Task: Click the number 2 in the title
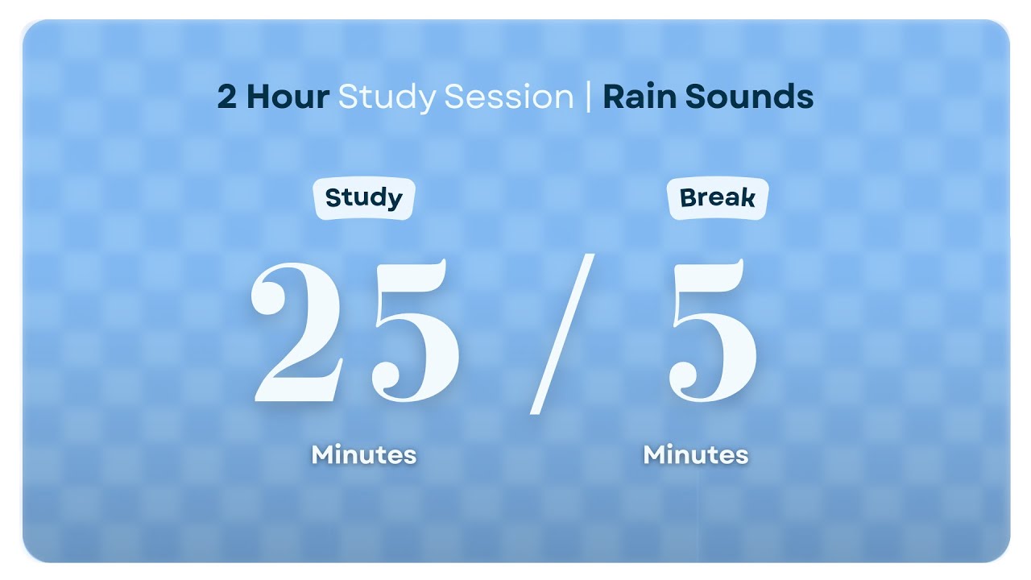tap(227, 97)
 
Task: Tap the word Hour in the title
tap(288, 97)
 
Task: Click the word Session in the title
tap(508, 97)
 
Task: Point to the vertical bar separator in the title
tap(588, 97)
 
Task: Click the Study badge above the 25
tap(363, 198)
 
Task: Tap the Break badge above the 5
tap(718, 198)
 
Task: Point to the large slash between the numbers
tap(562, 333)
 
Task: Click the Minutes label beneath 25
tap(364, 455)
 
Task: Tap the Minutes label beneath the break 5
tap(696, 455)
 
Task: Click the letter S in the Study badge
tap(333, 198)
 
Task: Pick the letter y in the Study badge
tap(393, 201)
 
